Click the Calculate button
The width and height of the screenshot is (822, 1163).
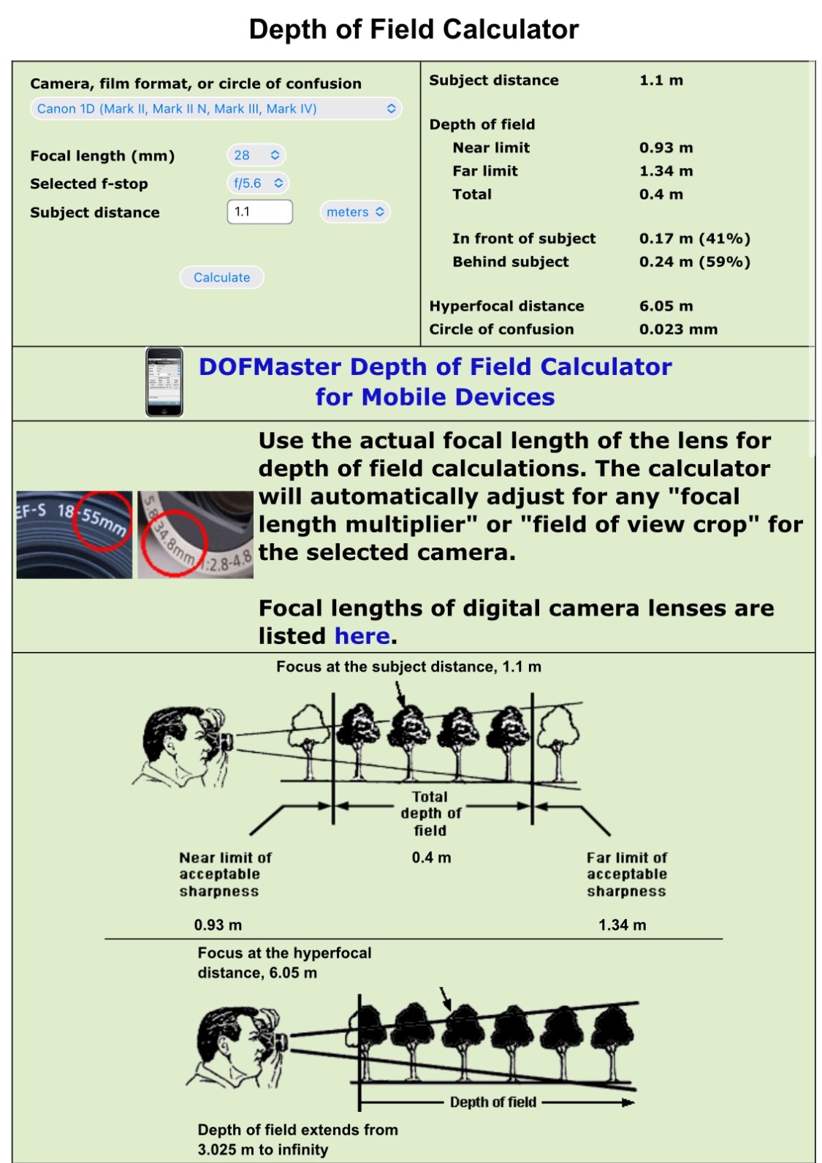coord(221,277)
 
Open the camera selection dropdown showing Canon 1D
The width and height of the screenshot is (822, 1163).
coord(216,108)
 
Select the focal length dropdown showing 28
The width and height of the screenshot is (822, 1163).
coord(256,155)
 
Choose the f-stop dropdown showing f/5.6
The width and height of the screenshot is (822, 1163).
coord(258,183)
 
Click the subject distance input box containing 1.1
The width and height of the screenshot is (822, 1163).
coord(260,212)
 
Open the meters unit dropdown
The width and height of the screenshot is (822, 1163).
coord(356,212)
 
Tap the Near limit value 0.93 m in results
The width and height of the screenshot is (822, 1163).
coord(666,148)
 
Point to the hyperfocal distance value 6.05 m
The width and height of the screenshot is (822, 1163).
coord(666,306)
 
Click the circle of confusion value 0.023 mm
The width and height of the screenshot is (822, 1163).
coord(678,330)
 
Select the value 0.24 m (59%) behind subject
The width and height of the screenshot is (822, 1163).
coord(695,262)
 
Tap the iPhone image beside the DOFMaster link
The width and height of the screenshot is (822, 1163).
coord(164,382)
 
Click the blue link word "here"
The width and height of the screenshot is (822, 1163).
coord(362,636)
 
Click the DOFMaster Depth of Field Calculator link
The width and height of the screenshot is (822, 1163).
coord(435,382)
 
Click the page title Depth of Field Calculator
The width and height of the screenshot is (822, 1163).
coord(414,29)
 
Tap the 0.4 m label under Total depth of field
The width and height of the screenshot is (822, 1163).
coord(431,857)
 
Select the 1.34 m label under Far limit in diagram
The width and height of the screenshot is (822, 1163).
coord(623,925)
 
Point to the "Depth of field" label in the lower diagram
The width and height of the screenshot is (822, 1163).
coord(493,1102)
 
